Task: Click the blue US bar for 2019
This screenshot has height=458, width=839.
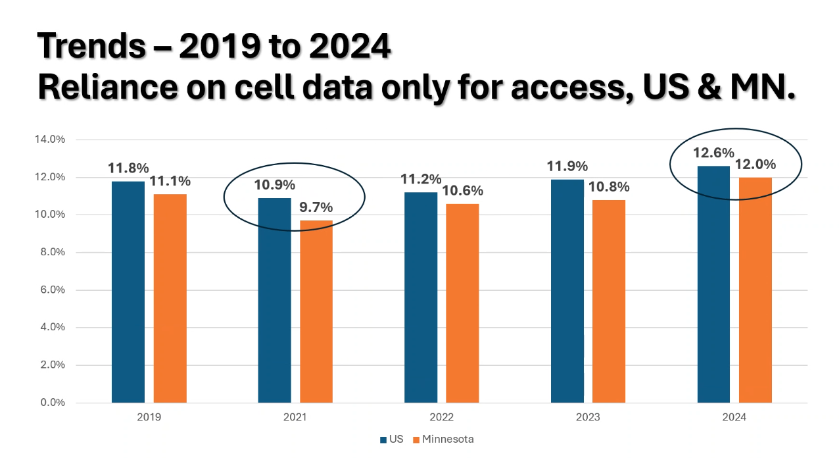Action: pos(128,292)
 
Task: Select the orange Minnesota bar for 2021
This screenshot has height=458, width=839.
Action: pos(316,311)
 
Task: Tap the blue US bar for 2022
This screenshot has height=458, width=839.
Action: pos(421,297)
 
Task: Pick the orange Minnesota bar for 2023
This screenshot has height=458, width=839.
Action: pos(609,301)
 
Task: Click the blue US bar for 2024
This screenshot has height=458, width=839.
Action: pos(713,284)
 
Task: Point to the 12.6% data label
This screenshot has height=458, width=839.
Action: pos(713,153)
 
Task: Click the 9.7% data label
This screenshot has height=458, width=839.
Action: pos(316,207)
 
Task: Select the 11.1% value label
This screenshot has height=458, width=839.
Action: pos(170,182)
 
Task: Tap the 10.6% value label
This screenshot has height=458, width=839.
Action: pos(463,191)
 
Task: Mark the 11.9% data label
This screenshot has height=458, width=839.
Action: pos(567,166)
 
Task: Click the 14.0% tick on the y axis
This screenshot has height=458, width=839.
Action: pos(50,140)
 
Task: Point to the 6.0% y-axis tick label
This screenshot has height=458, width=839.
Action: pos(53,290)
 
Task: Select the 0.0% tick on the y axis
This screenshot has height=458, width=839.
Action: pos(53,403)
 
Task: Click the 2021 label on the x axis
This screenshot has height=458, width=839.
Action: pos(295,417)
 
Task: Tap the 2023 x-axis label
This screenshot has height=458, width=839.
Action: pos(588,417)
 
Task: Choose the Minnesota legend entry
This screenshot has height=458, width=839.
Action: pos(443,440)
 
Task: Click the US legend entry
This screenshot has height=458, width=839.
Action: pos(392,440)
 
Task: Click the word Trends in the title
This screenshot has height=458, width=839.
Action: pos(92,46)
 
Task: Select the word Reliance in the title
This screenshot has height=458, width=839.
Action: pos(108,87)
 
